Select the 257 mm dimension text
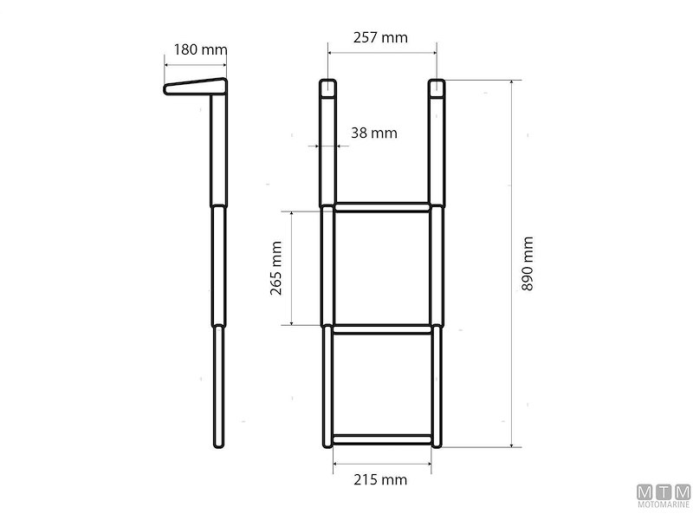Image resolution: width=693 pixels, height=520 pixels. pos(380,37)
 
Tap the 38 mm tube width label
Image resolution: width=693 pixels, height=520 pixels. pos(374,133)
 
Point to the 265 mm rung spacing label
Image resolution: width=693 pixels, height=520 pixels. pos(277,269)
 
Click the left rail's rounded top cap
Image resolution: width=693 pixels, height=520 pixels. pos(327,87)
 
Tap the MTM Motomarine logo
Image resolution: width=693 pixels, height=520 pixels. pos(663,496)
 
